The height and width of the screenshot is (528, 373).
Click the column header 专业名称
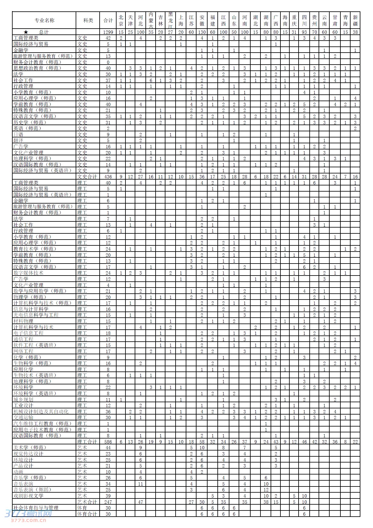(44, 20)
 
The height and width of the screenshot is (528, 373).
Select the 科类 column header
(88, 20)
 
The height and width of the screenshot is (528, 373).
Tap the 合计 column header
(108, 20)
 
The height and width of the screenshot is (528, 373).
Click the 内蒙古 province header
(151, 20)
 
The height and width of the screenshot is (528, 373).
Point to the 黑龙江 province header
(170, 20)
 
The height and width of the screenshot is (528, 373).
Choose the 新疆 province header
(355, 20)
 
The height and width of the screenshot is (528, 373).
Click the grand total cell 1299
(108, 32)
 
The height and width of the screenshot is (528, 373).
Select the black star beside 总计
(26, 32)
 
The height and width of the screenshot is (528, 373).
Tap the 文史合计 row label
(88, 177)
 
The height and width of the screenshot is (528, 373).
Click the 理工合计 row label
(88, 442)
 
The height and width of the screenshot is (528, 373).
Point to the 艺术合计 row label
(88, 502)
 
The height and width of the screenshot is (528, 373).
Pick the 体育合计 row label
(88, 514)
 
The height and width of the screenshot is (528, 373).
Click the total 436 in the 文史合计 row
(108, 177)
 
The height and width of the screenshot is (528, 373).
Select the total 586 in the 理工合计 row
(108, 442)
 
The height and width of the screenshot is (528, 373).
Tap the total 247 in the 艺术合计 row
(108, 502)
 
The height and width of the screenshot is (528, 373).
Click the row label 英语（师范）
(27, 128)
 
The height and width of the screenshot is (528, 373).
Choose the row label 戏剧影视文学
(28, 496)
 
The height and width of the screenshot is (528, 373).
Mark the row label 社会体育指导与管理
(36, 508)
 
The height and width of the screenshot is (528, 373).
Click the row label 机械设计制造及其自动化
(41, 411)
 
